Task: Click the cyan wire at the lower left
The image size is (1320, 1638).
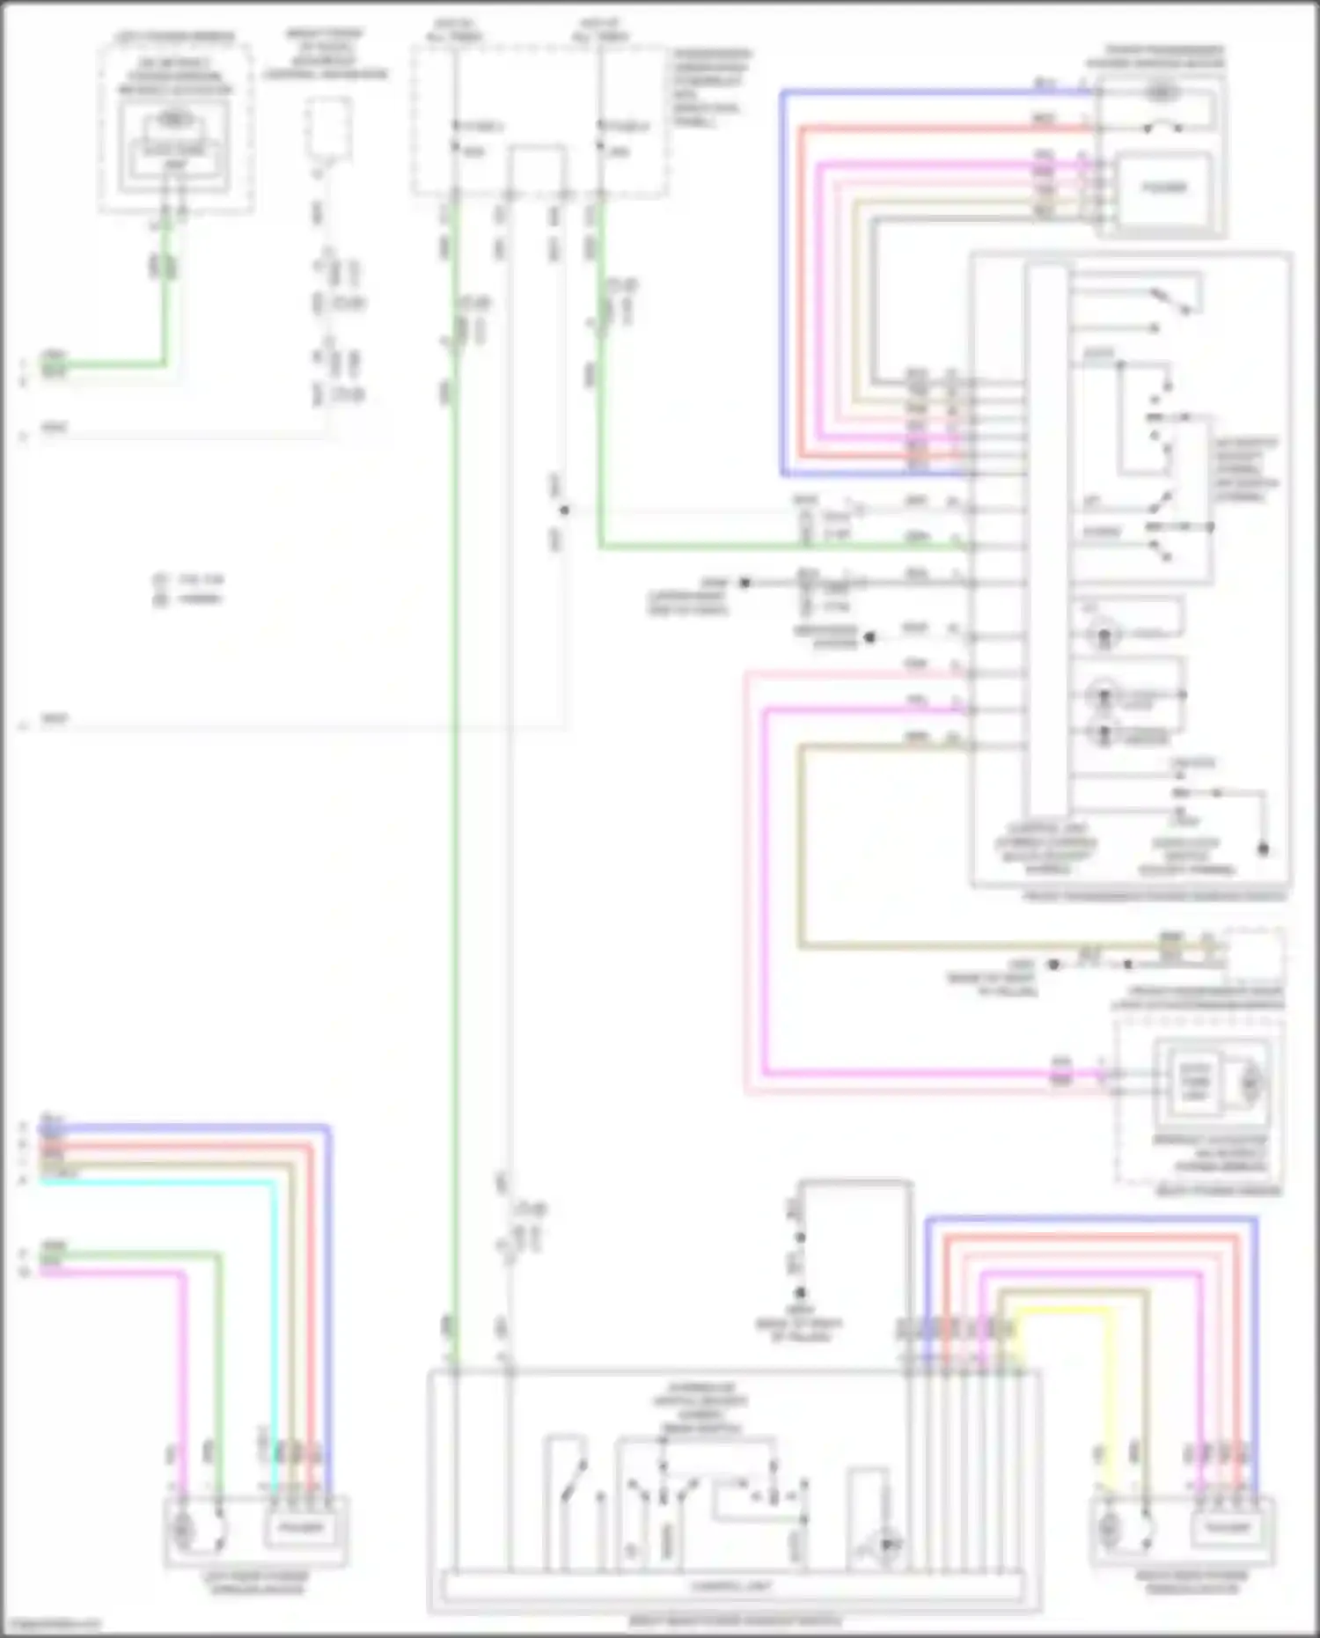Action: coord(158,1181)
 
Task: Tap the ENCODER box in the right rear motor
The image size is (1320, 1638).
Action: coord(1228,1527)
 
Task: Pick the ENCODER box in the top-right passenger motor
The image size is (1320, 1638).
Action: coord(1163,187)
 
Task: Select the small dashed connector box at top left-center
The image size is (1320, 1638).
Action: coord(328,128)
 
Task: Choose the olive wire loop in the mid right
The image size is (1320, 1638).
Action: coord(800,845)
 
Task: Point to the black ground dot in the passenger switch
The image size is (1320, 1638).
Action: coord(1263,849)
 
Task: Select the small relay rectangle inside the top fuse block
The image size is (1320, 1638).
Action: coord(536,168)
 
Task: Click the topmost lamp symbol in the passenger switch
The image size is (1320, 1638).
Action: coord(1103,632)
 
